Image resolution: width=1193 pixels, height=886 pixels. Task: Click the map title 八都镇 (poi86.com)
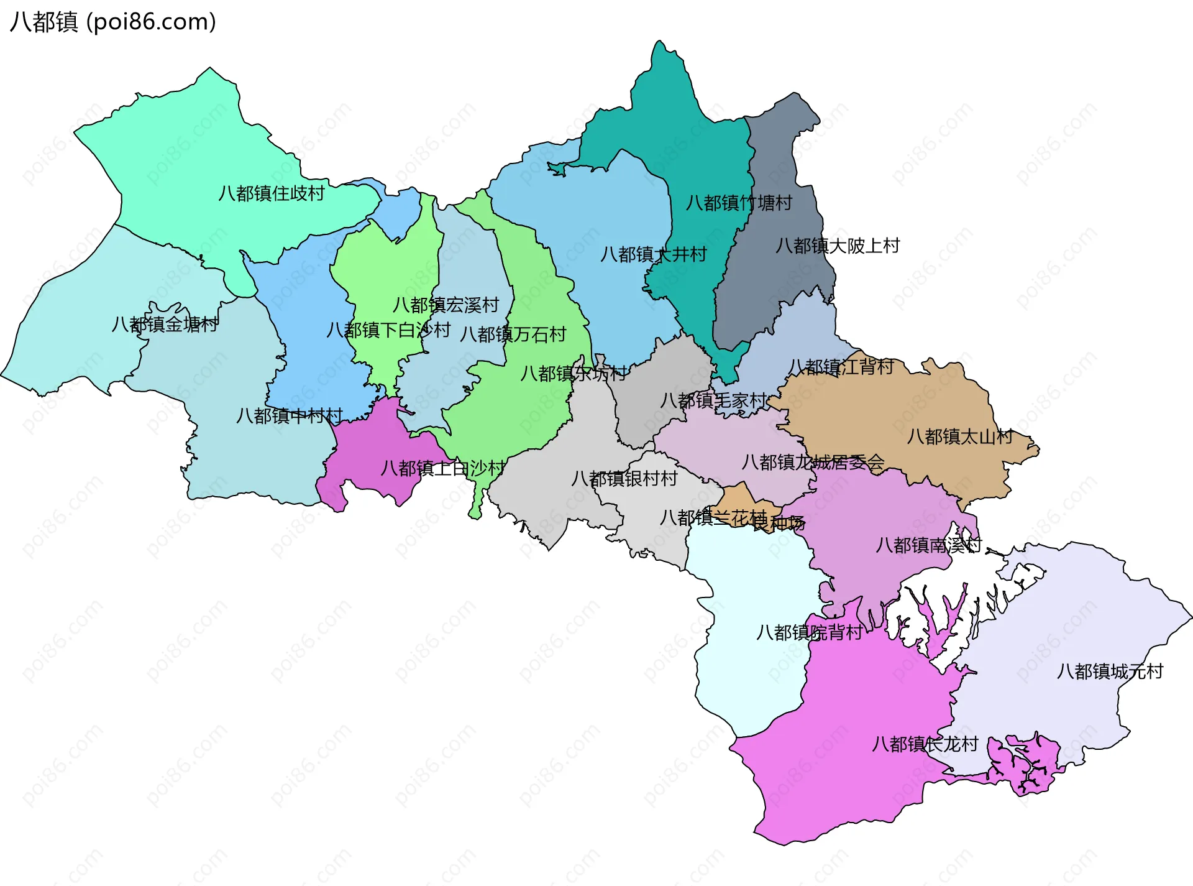coord(113,22)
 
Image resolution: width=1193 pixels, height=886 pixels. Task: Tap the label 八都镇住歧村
coord(271,193)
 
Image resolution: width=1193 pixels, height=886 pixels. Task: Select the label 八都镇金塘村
coord(165,324)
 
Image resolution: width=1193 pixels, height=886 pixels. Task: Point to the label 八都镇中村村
coord(290,415)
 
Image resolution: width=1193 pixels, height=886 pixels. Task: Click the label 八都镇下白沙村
coord(388,330)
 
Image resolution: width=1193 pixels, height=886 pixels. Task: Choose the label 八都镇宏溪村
coord(446,305)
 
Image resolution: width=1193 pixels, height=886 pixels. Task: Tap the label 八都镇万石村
coord(513,335)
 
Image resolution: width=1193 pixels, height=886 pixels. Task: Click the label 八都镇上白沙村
coord(443,468)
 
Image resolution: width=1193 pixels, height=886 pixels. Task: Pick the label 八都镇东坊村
coord(574,373)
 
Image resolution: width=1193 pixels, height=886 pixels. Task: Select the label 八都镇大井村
coord(653,254)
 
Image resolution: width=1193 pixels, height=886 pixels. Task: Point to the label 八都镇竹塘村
coord(739,203)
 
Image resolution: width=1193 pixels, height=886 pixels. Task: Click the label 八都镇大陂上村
coord(837,246)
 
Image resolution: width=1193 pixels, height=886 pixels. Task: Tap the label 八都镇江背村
coord(841,367)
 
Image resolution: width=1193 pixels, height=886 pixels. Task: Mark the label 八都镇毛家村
coord(713,400)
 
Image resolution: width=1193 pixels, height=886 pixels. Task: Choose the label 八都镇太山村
coord(960,436)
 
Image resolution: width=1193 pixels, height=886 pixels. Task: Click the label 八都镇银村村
coord(624,478)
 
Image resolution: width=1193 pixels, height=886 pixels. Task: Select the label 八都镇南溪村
coord(928,545)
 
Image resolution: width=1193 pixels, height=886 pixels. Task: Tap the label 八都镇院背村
coord(809,632)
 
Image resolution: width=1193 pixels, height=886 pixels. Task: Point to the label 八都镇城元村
coord(1110,671)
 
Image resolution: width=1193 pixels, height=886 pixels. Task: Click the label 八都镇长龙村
coord(925,744)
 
